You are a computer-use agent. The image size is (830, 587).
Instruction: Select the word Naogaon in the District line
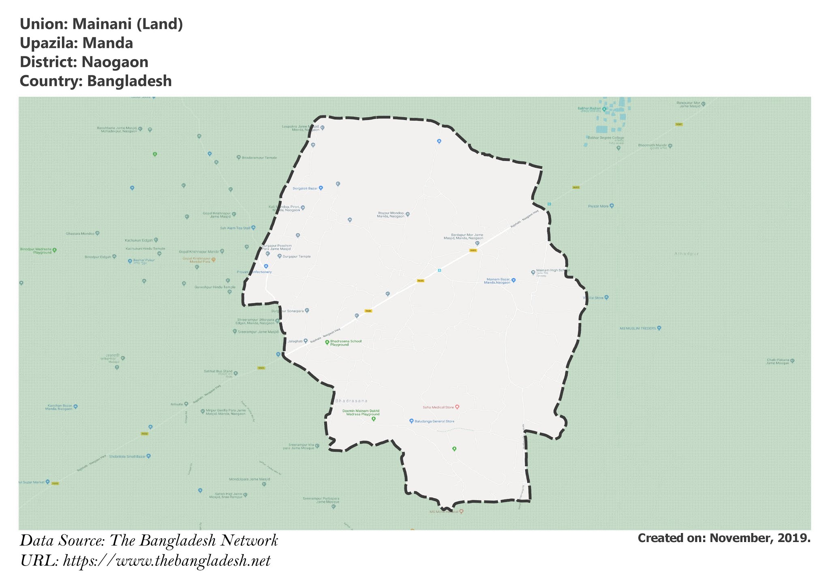[x=115, y=62]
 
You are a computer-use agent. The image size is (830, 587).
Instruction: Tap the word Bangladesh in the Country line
[x=129, y=81]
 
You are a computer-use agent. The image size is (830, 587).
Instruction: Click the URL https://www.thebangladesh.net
[x=167, y=561]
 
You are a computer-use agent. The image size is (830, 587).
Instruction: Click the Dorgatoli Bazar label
[x=305, y=189]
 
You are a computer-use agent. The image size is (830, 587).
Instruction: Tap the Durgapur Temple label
[x=297, y=257]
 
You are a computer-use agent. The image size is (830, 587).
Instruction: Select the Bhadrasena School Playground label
[x=345, y=343]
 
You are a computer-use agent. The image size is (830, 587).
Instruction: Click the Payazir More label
[x=599, y=206]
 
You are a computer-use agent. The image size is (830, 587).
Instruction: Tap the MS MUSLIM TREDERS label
[x=637, y=328]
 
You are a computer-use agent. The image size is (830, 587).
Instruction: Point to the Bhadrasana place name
[x=351, y=401]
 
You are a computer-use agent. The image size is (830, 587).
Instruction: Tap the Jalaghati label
[x=295, y=341]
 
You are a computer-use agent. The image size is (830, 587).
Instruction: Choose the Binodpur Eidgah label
[x=98, y=257]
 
